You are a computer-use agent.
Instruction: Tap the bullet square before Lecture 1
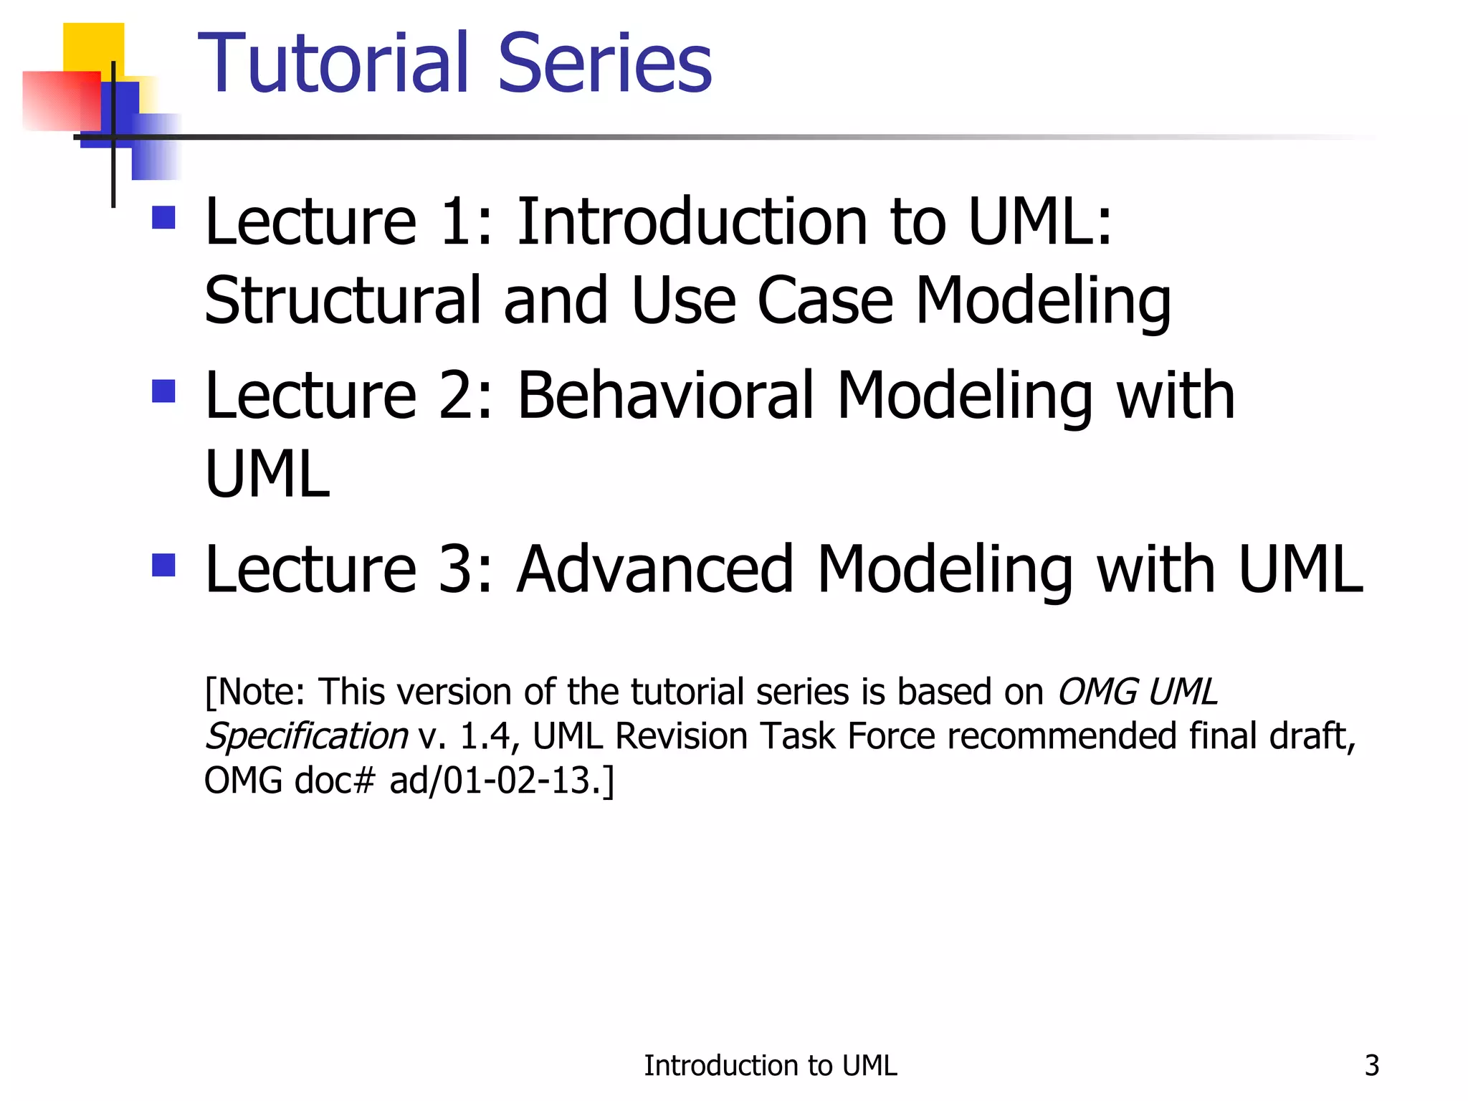coord(164,218)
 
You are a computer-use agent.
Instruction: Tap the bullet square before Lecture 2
coord(164,391)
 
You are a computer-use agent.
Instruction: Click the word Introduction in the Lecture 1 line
coord(692,222)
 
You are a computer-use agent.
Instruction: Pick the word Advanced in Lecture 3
coord(655,570)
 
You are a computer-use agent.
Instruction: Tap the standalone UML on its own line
coord(267,475)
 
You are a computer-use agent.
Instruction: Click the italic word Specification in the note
coord(306,737)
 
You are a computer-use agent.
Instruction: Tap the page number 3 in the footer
coord(1371,1066)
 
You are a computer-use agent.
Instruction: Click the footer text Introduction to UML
coord(770,1066)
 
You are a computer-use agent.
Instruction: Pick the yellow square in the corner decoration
coord(93,46)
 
